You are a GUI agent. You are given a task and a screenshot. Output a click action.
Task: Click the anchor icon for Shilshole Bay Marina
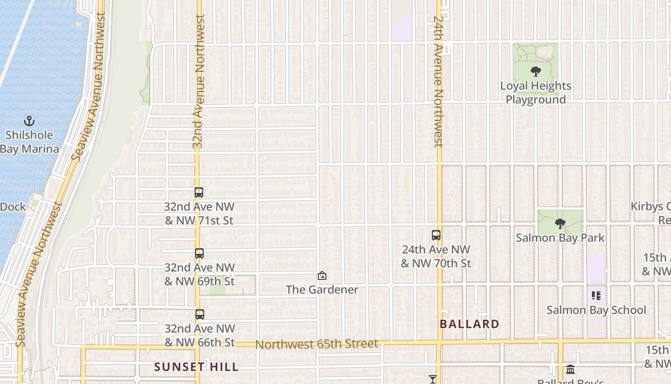[29, 120]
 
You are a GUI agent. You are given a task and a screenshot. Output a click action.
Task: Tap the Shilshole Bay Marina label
[30, 142]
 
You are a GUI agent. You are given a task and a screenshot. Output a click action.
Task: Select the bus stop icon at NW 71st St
[199, 192]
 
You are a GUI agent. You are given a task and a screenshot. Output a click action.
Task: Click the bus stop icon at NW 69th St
[199, 253]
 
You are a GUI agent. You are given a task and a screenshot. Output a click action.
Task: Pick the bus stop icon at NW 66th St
[200, 315]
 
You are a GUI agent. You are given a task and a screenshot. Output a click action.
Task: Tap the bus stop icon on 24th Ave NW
[436, 235]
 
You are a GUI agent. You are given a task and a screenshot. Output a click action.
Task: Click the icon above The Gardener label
[322, 276]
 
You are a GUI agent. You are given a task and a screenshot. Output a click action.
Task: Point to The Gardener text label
[322, 289]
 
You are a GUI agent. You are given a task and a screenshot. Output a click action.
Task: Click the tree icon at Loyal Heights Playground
[536, 72]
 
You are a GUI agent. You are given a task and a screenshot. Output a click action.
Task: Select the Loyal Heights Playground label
[536, 93]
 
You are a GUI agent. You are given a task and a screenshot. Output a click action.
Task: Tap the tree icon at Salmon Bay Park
[560, 223]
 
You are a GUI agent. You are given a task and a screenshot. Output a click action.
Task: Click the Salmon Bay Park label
[560, 238]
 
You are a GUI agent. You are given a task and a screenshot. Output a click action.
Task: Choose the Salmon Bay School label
[596, 310]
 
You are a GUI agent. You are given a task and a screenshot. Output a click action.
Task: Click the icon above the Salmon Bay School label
[596, 296]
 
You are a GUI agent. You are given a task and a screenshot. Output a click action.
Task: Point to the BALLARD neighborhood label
[470, 324]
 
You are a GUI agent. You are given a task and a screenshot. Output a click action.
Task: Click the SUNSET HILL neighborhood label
[196, 367]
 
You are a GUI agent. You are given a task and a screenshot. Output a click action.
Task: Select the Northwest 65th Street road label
[317, 344]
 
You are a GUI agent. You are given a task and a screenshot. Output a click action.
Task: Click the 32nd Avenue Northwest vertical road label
[198, 82]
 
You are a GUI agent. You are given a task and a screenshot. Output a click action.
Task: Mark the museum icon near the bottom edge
[570, 370]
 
